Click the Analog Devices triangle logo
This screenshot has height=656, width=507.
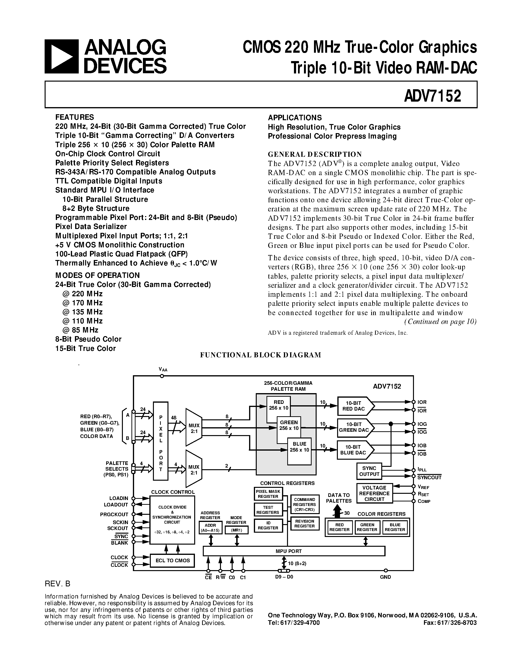62,57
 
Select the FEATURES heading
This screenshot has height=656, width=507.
74,117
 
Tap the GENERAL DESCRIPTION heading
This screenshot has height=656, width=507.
314,154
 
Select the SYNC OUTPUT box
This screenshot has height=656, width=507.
369,471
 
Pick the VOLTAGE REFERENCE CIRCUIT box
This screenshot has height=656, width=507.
374,493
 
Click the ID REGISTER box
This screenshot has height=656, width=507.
268,526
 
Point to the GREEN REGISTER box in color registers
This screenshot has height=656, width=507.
367,527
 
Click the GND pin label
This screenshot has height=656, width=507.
385,577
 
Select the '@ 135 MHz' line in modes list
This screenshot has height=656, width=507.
83,312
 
